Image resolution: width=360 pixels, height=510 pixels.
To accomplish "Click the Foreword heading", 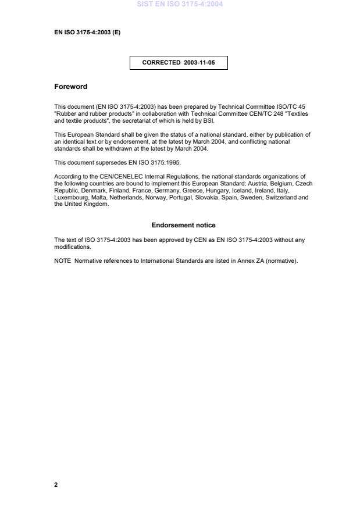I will [70, 87].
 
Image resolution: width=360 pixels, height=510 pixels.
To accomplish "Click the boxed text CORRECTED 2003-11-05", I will [178, 63].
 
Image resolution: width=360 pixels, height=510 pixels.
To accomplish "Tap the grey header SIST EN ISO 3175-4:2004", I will [180, 4].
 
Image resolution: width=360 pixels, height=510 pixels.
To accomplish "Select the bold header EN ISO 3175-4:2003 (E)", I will [87, 33].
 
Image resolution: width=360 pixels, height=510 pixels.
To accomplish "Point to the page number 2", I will [56, 484].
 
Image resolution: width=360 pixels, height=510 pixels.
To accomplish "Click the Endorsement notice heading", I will [183, 225].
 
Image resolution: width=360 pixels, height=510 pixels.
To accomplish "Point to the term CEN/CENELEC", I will [118, 176].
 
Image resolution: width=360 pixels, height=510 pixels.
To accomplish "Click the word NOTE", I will [62, 261].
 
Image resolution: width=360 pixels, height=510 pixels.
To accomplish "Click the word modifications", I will [72, 246].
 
